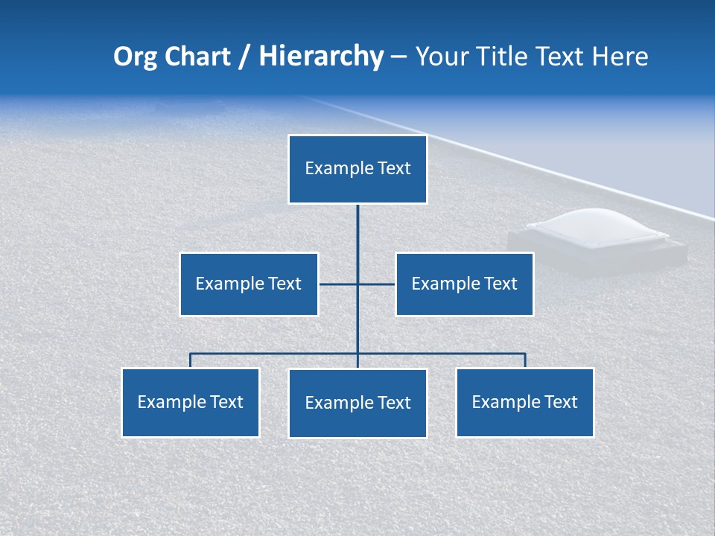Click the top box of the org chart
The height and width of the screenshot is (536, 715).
(357, 169)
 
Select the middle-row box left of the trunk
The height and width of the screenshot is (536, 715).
(249, 284)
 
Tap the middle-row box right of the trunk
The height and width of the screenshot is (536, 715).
(464, 284)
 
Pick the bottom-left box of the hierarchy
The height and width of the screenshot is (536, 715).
(191, 402)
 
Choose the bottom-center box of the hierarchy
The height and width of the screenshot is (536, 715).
(357, 403)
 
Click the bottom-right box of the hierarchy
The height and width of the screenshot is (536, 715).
(524, 402)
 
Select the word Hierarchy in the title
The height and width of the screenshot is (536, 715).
(321, 57)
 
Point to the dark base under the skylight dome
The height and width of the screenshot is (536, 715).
(596, 257)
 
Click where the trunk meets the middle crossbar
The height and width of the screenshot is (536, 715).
(357, 284)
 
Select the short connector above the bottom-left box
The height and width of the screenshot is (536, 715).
(191, 360)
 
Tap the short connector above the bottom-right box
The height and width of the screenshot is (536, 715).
(525, 360)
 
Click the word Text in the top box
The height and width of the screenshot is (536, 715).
(394, 169)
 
